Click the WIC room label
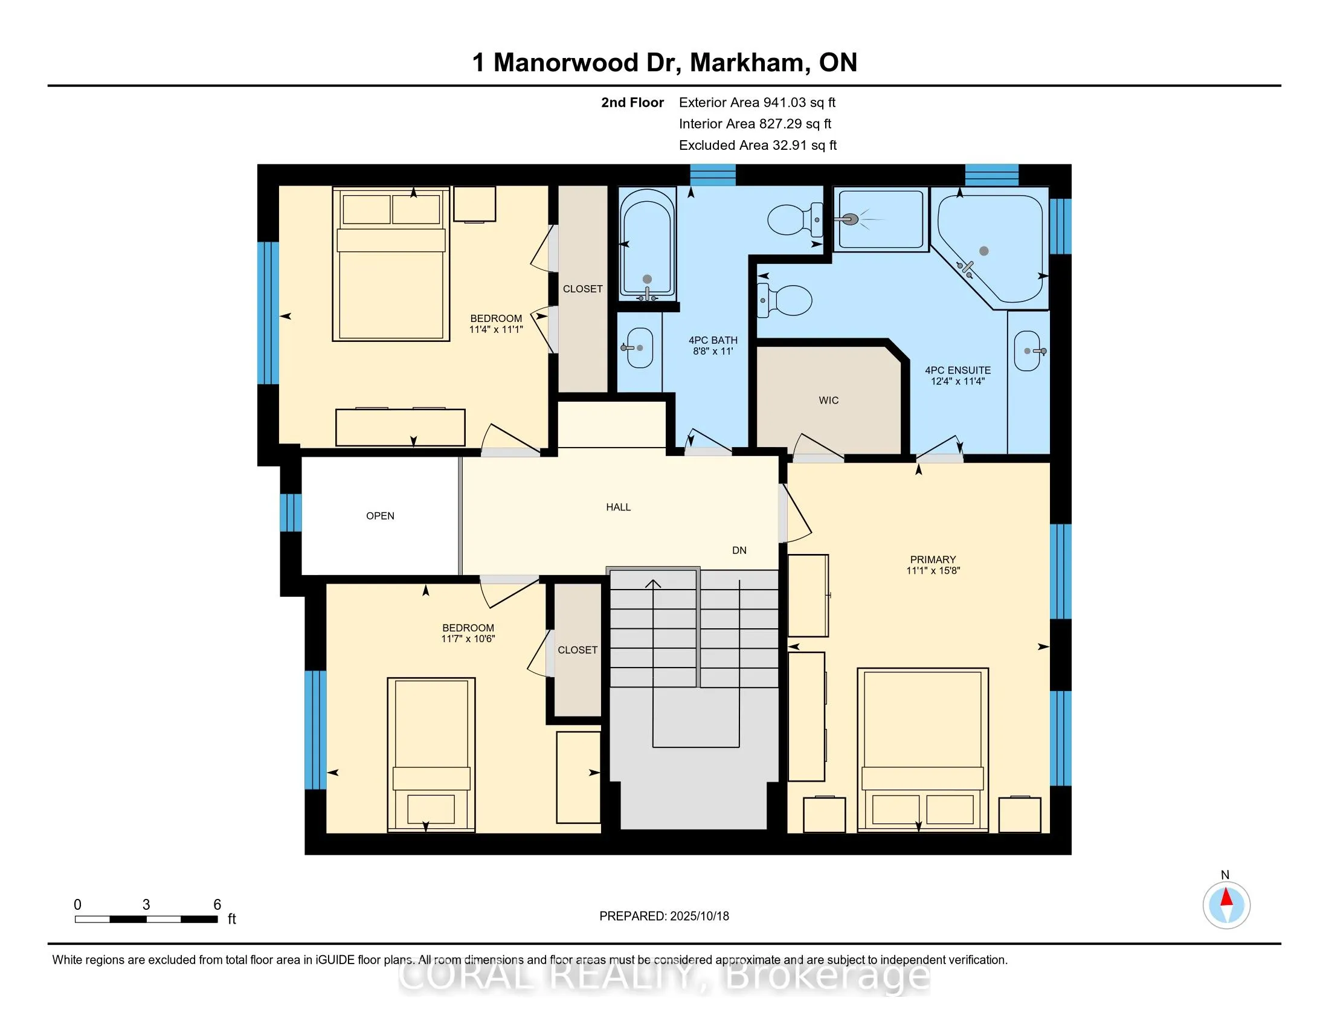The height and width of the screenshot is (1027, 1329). point(829,401)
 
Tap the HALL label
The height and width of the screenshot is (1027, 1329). point(618,507)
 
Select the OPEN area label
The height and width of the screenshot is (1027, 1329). point(381,516)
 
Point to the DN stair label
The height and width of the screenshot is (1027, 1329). point(739,550)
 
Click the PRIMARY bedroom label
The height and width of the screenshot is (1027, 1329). point(933,560)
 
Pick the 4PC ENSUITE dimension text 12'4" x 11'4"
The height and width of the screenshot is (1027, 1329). point(958,381)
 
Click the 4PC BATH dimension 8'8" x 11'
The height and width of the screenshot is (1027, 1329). point(713,351)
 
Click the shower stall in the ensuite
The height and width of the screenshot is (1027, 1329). point(881,219)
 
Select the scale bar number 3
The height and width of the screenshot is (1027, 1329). point(146,905)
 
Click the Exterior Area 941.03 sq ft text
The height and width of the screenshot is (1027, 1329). point(758,102)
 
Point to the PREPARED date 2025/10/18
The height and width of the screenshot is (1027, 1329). point(698,916)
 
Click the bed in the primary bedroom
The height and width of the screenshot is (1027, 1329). point(922,750)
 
